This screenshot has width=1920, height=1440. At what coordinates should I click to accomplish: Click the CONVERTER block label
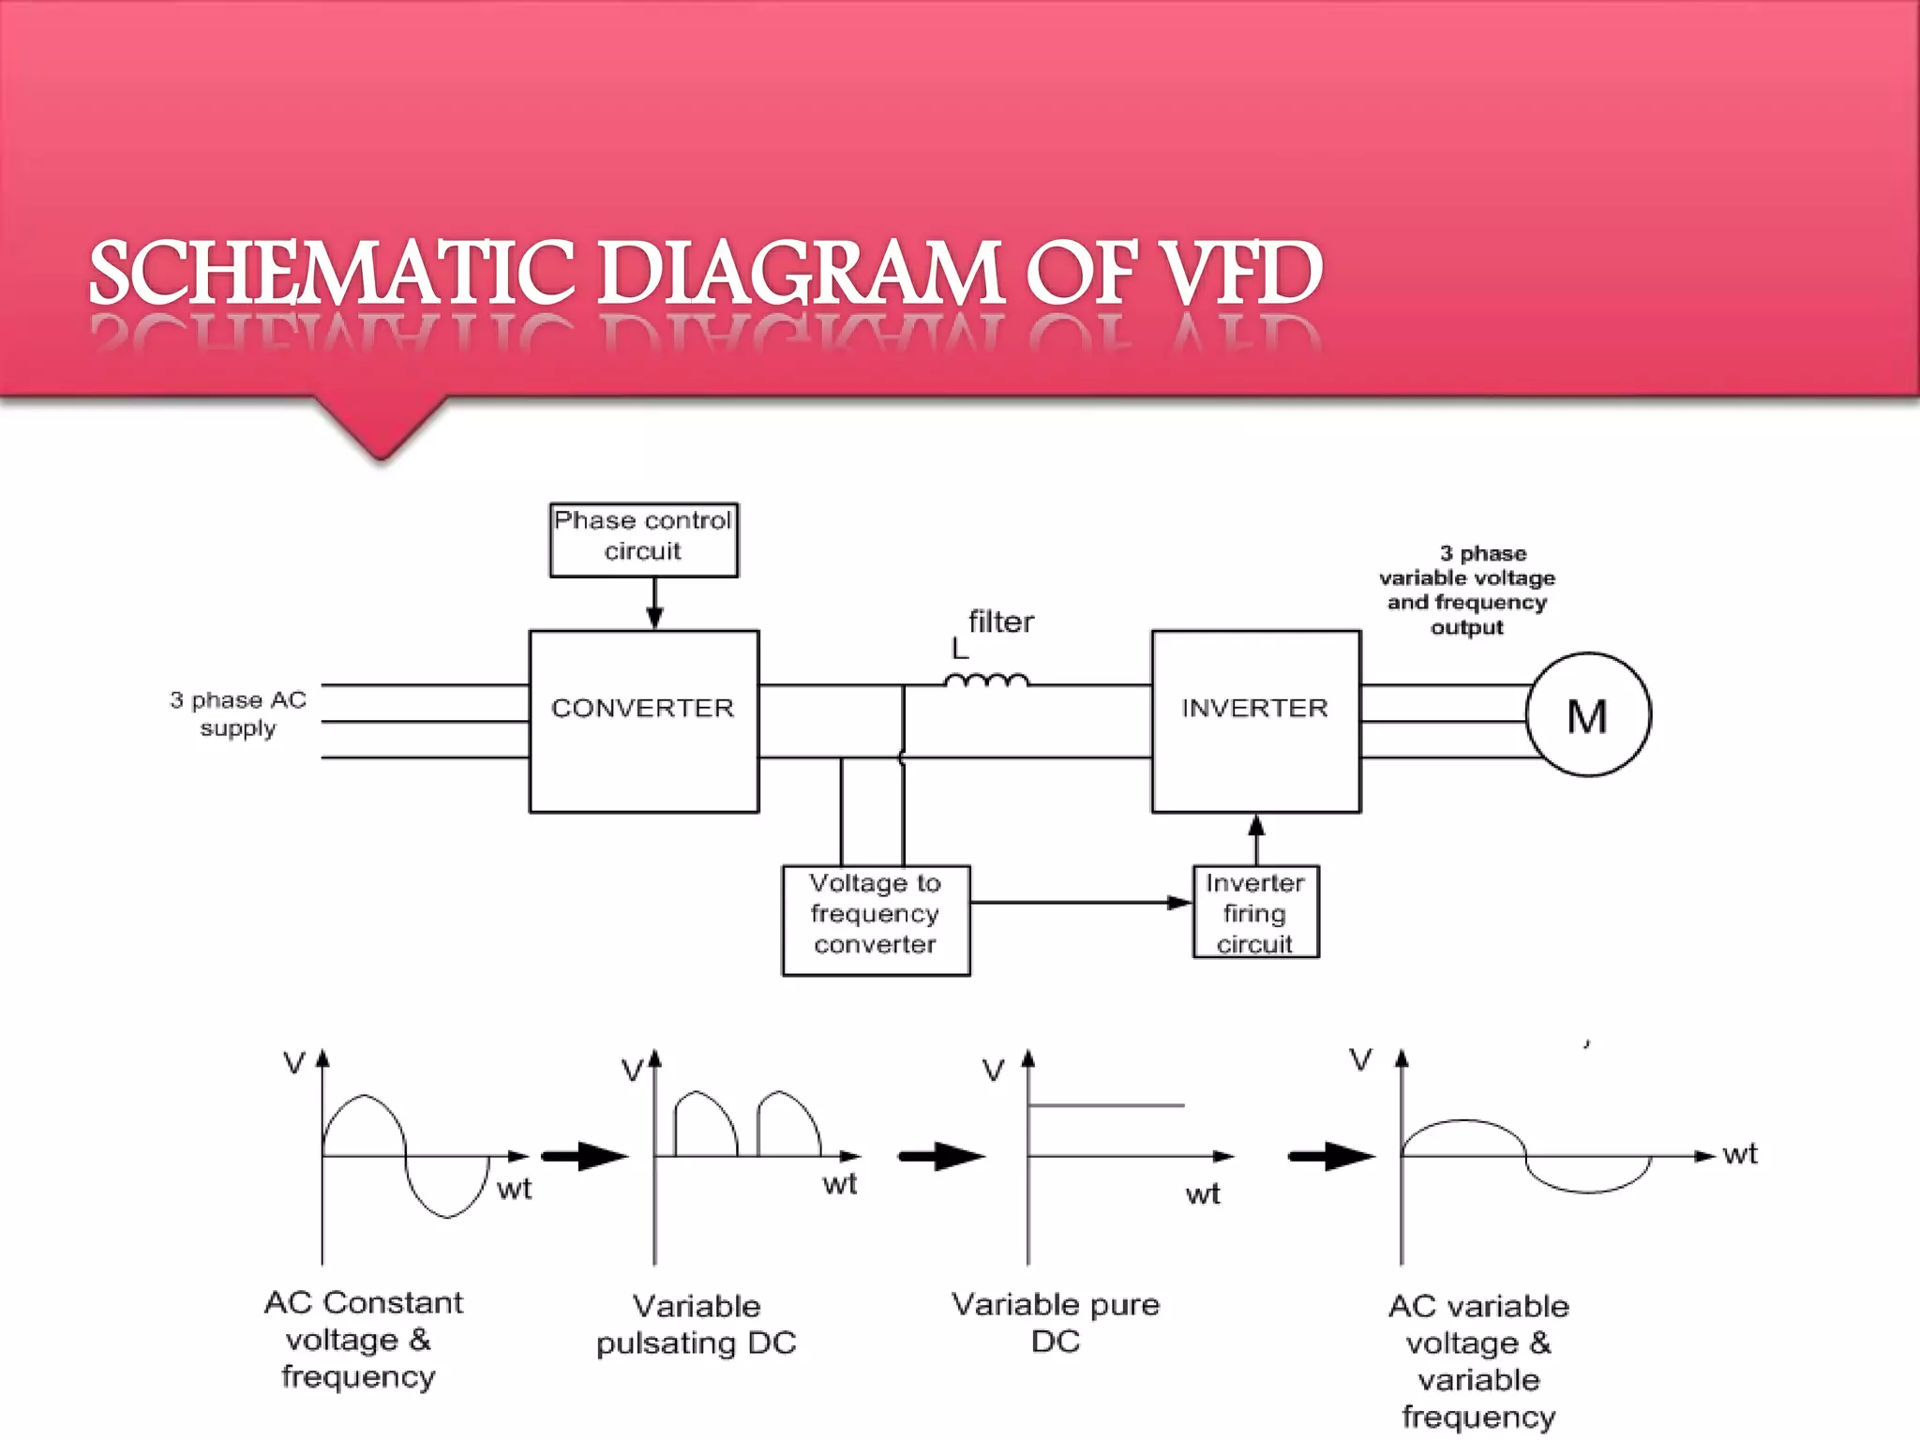pos(643,708)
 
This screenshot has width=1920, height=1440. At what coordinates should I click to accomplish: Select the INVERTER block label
pos(1254,708)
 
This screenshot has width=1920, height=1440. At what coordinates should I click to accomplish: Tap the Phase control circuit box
pos(643,539)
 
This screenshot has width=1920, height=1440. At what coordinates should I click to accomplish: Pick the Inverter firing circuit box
pos(1255,912)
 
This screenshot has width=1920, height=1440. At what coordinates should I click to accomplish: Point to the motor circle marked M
pos(1588,715)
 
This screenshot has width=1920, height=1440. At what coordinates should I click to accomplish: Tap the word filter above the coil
pos(1000,622)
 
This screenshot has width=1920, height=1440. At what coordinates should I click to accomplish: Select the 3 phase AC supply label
pos(238,713)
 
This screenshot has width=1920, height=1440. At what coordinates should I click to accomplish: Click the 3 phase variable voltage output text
pos(1467,590)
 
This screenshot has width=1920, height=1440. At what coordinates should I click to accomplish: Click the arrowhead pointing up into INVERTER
pos(1256,826)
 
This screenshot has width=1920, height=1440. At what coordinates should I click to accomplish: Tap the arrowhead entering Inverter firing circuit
pos(1179,903)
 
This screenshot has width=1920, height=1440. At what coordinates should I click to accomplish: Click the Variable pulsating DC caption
pos(697,1324)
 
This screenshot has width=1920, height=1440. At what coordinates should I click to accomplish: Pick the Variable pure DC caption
pos(1056,1322)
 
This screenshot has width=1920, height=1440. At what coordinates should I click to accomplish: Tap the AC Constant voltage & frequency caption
pos(361,1339)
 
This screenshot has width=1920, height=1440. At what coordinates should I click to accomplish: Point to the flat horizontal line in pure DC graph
pos(1106,1106)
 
